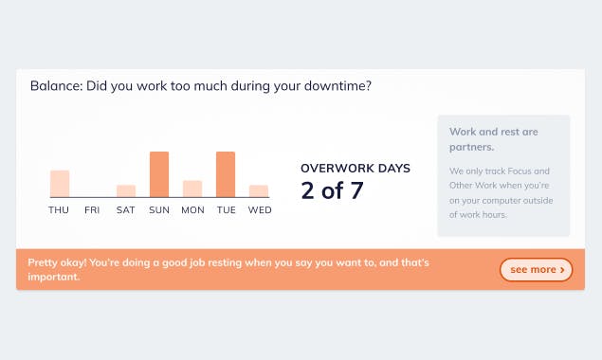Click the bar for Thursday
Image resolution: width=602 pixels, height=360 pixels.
pyautogui.click(x=60, y=184)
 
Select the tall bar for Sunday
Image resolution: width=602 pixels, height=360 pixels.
pyautogui.click(x=159, y=174)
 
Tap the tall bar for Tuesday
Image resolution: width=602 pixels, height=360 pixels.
pyautogui.click(x=226, y=174)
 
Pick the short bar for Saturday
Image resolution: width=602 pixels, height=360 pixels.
pyautogui.click(x=126, y=190)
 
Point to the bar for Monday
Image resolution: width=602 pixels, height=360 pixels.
pyautogui.click(x=192, y=189)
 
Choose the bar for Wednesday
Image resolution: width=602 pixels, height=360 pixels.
pyautogui.click(x=259, y=190)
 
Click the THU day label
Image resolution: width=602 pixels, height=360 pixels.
pyautogui.click(x=60, y=210)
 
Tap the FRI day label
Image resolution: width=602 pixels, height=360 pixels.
pyautogui.click(x=92, y=210)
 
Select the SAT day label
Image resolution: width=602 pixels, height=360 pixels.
pyautogui.click(x=126, y=210)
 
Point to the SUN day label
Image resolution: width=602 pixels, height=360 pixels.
pyautogui.click(x=159, y=210)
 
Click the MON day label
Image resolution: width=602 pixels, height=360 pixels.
pyautogui.click(x=192, y=210)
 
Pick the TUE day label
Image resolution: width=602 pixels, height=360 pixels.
pyautogui.click(x=226, y=210)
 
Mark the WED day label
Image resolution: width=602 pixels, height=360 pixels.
pyautogui.click(x=259, y=210)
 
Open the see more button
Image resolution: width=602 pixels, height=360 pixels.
pyautogui.click(x=537, y=270)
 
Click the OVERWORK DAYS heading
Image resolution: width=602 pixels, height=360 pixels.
pyautogui.click(x=356, y=169)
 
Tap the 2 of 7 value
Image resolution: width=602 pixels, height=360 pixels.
pyautogui.click(x=332, y=190)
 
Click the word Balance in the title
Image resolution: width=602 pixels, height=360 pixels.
pyautogui.click(x=55, y=86)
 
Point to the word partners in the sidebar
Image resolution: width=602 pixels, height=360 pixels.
pyautogui.click(x=472, y=147)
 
